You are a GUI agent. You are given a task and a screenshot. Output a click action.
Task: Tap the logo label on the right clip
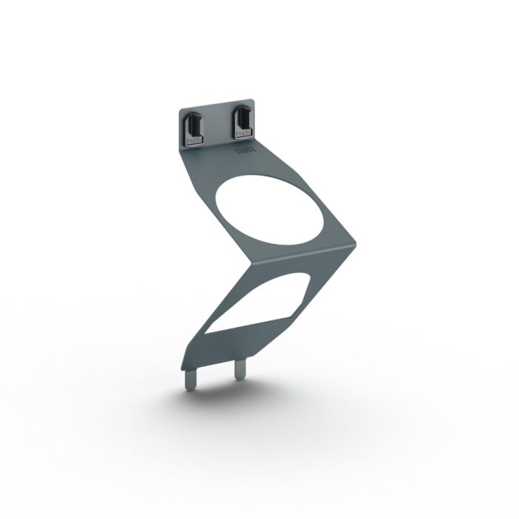click(x=242, y=133)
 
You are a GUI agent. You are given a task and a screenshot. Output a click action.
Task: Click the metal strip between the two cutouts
click(x=297, y=259)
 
